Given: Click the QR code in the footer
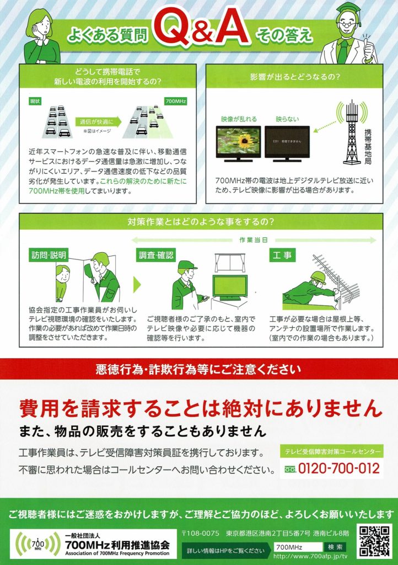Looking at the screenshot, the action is [375, 541].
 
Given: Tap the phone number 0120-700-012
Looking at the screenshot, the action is [338, 468].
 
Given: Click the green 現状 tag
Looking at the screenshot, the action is [35, 102].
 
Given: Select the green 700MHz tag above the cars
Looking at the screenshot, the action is [175, 102].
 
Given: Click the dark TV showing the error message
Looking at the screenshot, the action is [287, 143].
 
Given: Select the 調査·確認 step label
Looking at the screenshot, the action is [156, 255].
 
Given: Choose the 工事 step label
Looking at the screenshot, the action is [282, 255].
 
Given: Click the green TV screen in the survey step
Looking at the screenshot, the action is [230, 285].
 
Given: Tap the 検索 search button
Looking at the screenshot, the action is [335, 547].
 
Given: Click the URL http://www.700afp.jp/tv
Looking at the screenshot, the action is [310, 556].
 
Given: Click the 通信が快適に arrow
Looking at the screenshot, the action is [98, 122].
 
